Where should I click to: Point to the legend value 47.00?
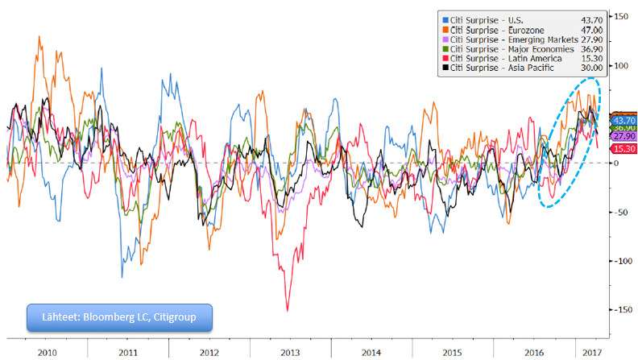[x=584, y=27]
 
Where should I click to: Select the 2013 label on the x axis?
[x=291, y=352]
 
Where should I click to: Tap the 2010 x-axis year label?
[x=47, y=352]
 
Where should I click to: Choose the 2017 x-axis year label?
[x=592, y=352]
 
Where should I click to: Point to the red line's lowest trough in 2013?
[x=287, y=310]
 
